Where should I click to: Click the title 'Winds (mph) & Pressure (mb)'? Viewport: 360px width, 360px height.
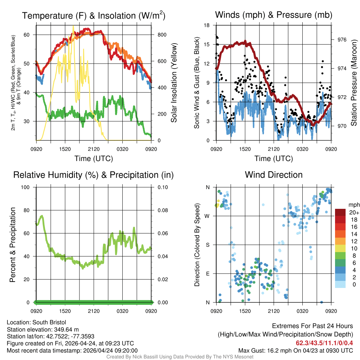click(274, 15)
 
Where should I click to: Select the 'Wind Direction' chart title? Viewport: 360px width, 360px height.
click(274, 175)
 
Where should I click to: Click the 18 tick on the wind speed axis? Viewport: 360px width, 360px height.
click(207, 25)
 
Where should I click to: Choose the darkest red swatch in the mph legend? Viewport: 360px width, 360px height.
click(340, 212)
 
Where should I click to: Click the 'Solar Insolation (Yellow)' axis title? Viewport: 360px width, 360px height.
click(174, 83)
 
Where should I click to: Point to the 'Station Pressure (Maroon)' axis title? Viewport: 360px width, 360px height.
click(354, 83)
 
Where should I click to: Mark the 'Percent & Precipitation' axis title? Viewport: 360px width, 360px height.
click(13, 245)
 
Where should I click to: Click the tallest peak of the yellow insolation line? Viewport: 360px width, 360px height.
click(73, 26)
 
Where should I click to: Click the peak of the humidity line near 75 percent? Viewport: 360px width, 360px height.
click(42, 216)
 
